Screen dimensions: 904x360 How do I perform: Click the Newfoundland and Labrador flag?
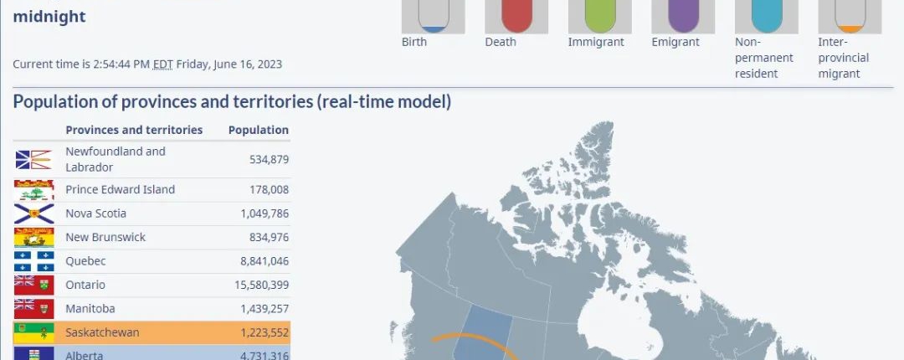tap(34, 160)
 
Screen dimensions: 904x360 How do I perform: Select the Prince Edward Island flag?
tap(34, 190)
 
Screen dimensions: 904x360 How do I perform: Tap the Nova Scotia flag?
tap(34, 213)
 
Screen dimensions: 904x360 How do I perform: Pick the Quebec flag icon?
tap(34, 261)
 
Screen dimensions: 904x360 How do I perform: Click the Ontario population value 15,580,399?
tap(262, 285)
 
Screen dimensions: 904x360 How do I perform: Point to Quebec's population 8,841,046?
tap(265, 261)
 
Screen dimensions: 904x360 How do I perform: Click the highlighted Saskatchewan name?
tap(102, 332)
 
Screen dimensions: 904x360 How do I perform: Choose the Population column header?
tap(259, 131)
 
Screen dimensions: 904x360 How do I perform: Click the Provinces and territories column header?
tap(134, 130)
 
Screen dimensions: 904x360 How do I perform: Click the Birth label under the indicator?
tap(414, 42)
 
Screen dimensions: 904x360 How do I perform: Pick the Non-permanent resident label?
tap(764, 58)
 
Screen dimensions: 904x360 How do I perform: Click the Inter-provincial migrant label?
tap(844, 58)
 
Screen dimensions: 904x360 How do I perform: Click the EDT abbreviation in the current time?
tap(162, 64)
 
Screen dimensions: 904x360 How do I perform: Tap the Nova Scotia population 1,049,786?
tap(265, 213)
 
